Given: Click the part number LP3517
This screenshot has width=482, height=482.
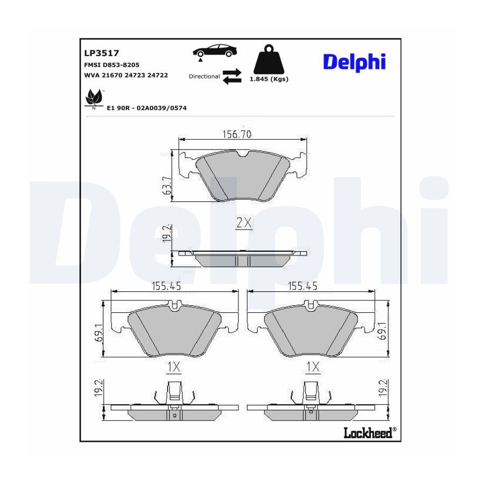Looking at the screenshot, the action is click(x=101, y=53).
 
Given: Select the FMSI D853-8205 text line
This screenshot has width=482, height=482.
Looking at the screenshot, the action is click(x=111, y=65).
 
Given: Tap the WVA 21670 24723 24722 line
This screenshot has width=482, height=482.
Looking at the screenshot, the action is click(x=126, y=76).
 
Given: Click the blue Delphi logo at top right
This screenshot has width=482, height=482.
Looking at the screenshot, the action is click(x=354, y=63).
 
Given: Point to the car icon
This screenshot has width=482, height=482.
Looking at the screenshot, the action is click(x=215, y=51).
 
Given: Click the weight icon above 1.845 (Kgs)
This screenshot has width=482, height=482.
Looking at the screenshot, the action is click(x=269, y=59).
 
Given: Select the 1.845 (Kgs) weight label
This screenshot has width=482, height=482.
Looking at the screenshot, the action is click(x=269, y=79).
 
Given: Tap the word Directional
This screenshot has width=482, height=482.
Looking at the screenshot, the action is click(x=204, y=76).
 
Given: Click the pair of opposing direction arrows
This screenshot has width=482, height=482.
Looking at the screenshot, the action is click(x=232, y=77).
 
